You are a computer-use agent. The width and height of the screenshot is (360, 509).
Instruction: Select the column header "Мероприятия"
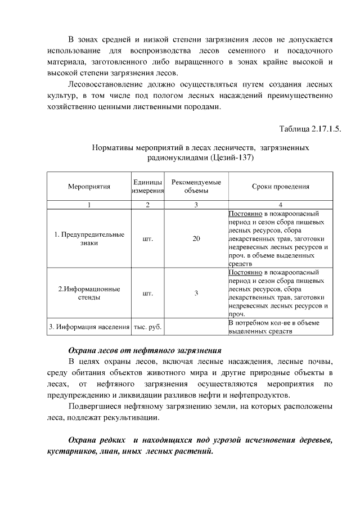89,187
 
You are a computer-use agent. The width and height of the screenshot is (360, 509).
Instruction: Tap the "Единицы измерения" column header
148,187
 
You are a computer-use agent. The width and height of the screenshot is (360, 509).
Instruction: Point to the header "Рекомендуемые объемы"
196,187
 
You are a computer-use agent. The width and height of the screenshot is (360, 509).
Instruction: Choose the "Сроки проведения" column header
280,187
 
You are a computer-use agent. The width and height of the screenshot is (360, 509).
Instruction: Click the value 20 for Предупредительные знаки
196,238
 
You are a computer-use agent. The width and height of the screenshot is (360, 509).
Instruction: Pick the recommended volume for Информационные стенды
196,293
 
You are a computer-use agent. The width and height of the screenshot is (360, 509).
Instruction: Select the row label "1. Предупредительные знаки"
89,238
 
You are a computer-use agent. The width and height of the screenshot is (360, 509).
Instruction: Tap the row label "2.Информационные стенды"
89,293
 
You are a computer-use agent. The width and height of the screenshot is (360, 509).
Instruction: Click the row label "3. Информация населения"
89,327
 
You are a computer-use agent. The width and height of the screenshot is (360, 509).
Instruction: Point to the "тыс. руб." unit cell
148,327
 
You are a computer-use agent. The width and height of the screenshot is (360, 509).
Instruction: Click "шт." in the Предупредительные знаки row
148,238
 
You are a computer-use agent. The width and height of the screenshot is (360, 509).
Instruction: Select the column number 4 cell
280,205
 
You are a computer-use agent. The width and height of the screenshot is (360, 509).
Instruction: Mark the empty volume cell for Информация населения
196,327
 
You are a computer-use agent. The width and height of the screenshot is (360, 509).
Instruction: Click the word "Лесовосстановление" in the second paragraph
104,84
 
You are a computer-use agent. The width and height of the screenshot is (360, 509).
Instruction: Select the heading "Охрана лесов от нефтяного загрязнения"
145,350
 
